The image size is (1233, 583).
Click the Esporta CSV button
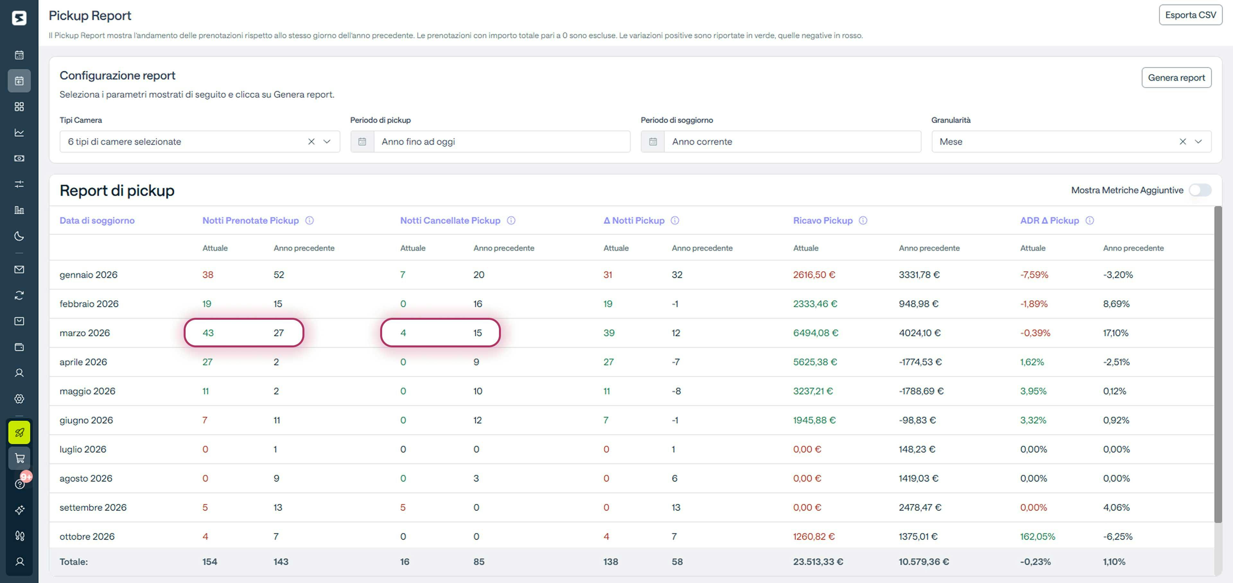tap(1190, 15)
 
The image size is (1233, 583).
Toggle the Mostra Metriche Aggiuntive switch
tap(1200, 190)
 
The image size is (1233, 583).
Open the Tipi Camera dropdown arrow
tap(327, 142)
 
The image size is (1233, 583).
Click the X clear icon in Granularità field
tap(1182, 142)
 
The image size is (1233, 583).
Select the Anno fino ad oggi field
tap(501, 142)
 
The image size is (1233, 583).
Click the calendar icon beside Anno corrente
tap(652, 142)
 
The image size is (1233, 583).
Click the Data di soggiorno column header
tap(97, 221)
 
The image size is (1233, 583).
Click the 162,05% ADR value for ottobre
tap(1037, 536)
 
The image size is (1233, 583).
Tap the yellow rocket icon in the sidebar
tap(19, 433)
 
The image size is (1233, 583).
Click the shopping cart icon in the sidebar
tap(19, 458)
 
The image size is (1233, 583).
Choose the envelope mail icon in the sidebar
tap(19, 269)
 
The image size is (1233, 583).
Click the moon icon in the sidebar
tap(19, 236)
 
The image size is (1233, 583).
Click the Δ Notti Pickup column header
tap(634, 221)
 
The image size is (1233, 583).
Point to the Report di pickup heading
tap(117, 190)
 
